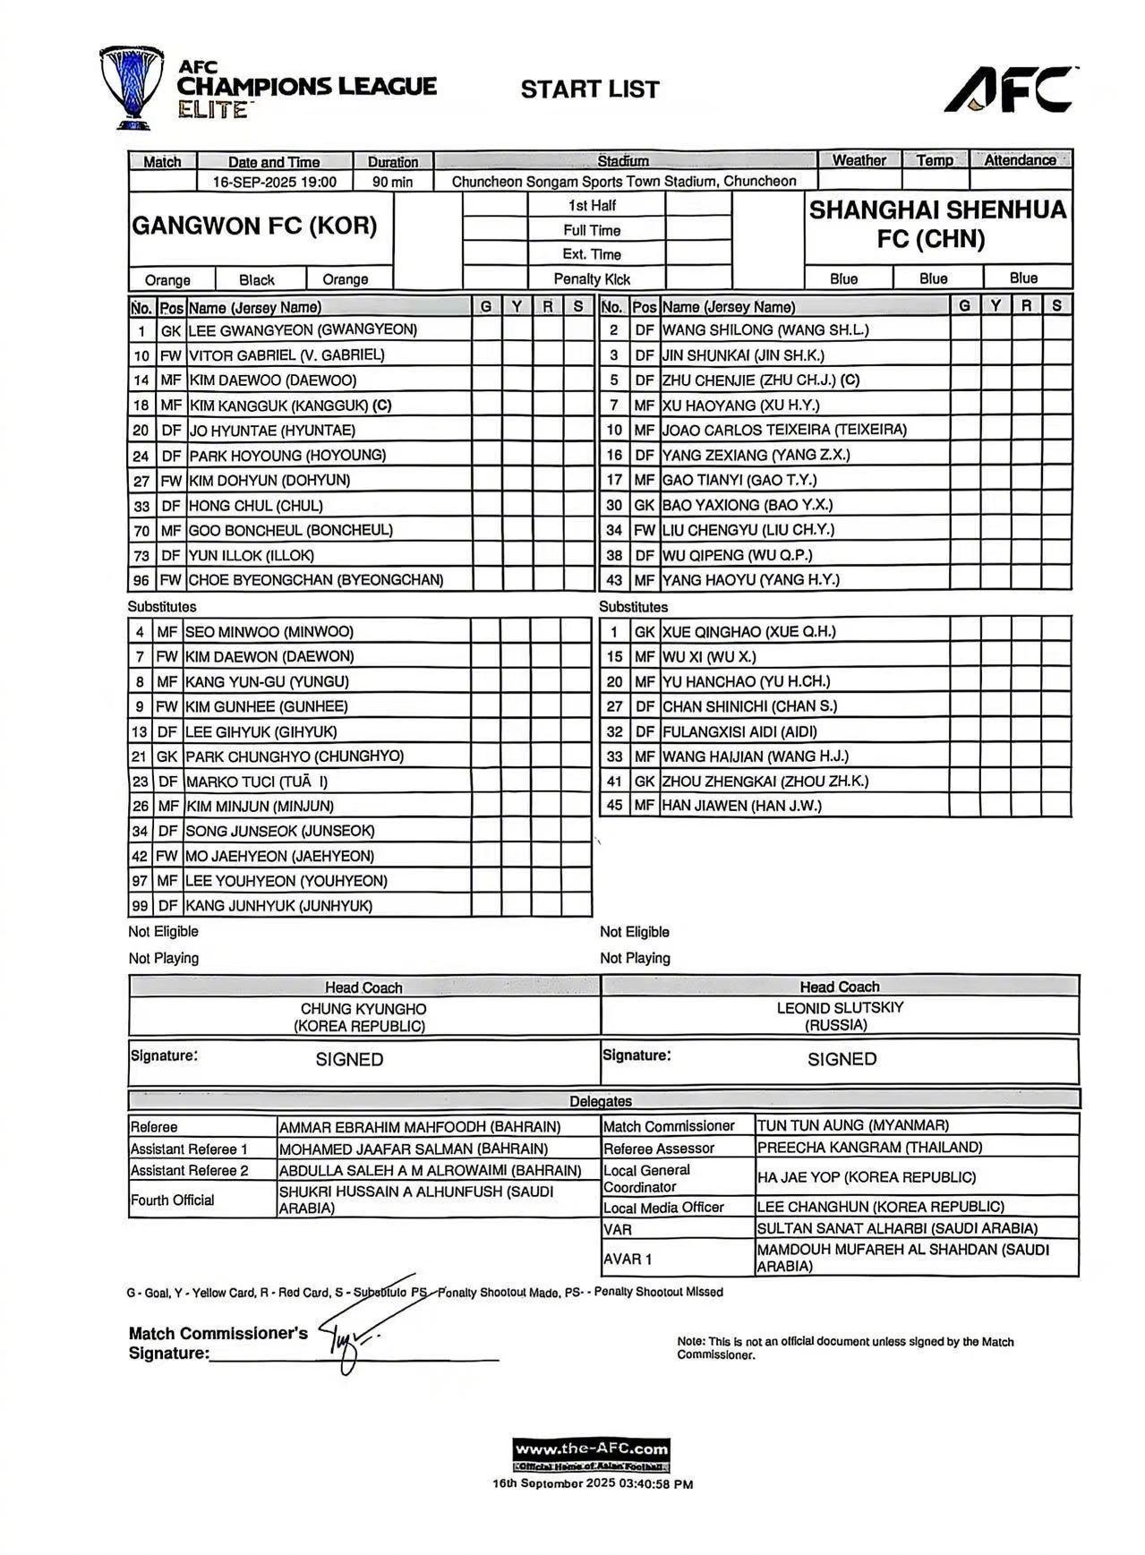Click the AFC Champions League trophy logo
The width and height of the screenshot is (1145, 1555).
point(131,87)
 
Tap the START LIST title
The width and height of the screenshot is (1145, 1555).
point(590,90)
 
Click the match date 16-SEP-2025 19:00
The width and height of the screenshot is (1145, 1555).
point(275,182)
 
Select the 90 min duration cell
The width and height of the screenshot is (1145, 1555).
point(393,182)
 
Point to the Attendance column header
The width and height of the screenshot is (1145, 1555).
point(1020,160)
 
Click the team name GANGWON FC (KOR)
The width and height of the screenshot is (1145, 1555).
point(254,226)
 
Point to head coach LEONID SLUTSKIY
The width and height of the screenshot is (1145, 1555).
point(840,1008)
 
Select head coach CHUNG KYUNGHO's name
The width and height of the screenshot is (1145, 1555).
point(363,1009)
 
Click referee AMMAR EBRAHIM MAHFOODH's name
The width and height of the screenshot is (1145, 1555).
point(420,1127)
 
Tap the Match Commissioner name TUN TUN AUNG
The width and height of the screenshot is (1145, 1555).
point(852,1125)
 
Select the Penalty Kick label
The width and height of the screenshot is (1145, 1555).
point(592,278)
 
